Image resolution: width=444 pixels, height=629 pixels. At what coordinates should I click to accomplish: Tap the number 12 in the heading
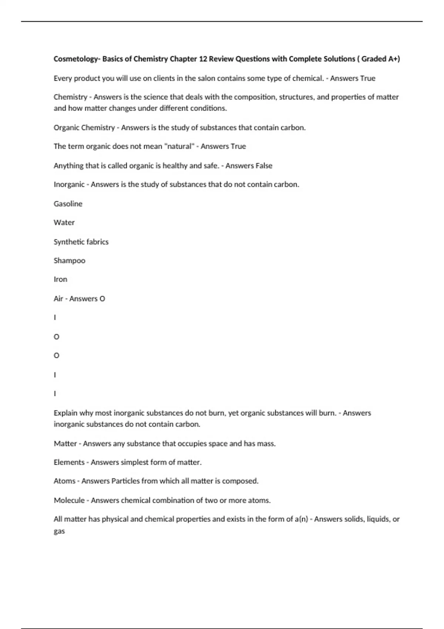click(202, 59)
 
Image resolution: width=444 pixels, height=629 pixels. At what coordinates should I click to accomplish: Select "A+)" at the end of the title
click(394, 59)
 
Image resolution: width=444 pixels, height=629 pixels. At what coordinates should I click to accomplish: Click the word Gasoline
click(68, 203)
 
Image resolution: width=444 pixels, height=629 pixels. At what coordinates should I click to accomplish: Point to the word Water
click(64, 222)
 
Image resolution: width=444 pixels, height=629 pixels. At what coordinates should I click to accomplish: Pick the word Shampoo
click(69, 260)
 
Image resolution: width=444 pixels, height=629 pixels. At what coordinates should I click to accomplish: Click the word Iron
click(60, 279)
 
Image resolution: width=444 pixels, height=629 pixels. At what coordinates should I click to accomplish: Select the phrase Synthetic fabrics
click(81, 242)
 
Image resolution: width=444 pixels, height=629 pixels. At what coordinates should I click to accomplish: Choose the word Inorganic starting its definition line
click(69, 184)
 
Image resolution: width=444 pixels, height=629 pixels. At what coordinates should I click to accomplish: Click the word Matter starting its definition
click(65, 443)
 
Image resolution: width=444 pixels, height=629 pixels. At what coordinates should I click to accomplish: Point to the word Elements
click(69, 462)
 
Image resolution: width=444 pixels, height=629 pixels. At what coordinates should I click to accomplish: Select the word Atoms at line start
click(64, 481)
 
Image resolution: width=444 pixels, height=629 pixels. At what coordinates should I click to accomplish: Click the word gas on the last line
click(59, 531)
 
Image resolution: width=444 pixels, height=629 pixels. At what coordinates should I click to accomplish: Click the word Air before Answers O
click(58, 299)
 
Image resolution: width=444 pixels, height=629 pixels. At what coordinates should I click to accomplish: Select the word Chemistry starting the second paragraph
click(70, 97)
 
